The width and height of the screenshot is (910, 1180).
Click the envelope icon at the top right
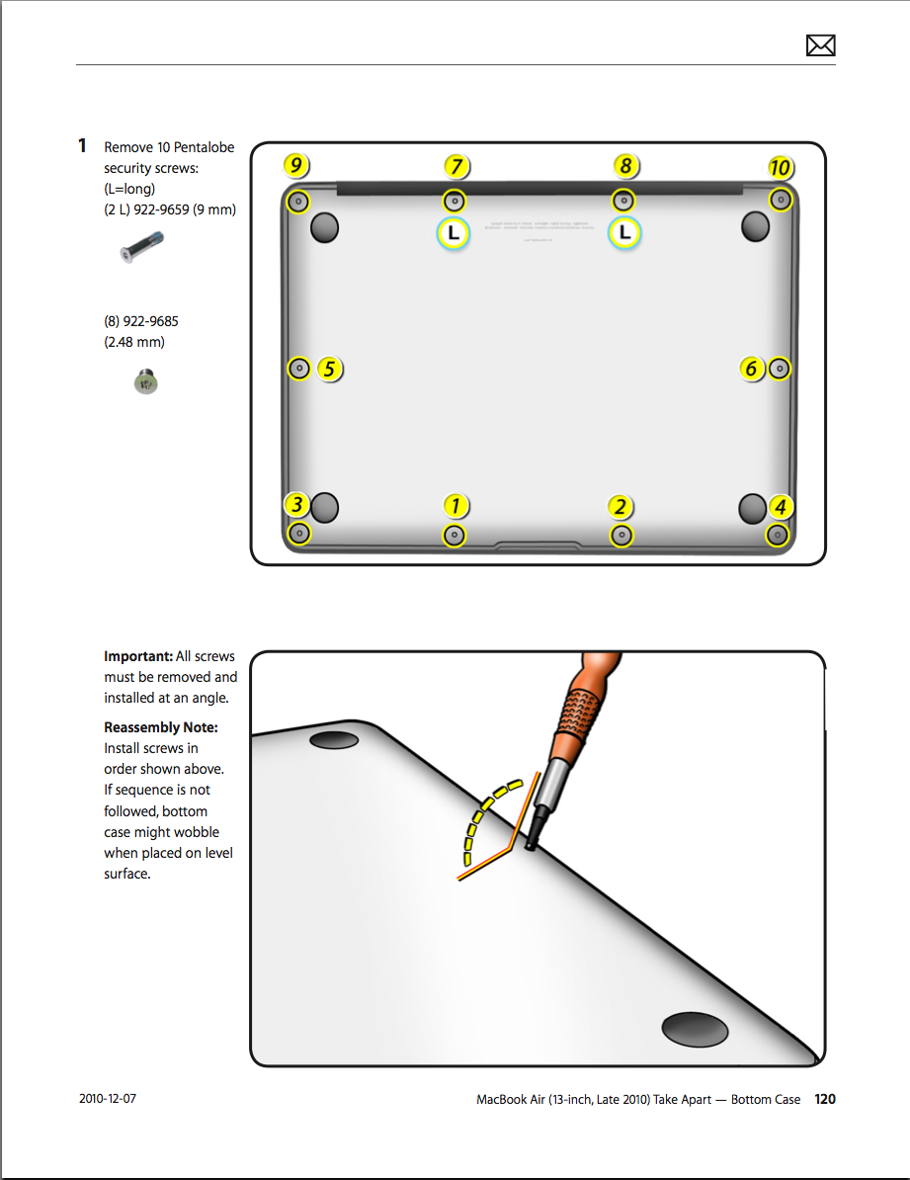820,45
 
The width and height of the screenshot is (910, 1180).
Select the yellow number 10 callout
779,168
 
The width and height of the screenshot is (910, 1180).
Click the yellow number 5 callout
329,370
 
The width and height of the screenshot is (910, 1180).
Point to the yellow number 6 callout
751,369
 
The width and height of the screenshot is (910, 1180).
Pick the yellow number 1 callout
455,506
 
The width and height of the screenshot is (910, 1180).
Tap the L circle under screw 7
454,234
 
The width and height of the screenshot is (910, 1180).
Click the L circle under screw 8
624,234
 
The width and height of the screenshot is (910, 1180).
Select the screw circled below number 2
621,536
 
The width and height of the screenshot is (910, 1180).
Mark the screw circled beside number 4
778,535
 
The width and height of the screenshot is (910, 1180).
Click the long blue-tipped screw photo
141,246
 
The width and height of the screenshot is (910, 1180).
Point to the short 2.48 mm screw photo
145,380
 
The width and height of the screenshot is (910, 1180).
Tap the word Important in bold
137,656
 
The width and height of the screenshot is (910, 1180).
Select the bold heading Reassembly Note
161,727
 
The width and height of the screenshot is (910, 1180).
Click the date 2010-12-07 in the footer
108,1099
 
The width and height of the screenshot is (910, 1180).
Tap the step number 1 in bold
83,146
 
